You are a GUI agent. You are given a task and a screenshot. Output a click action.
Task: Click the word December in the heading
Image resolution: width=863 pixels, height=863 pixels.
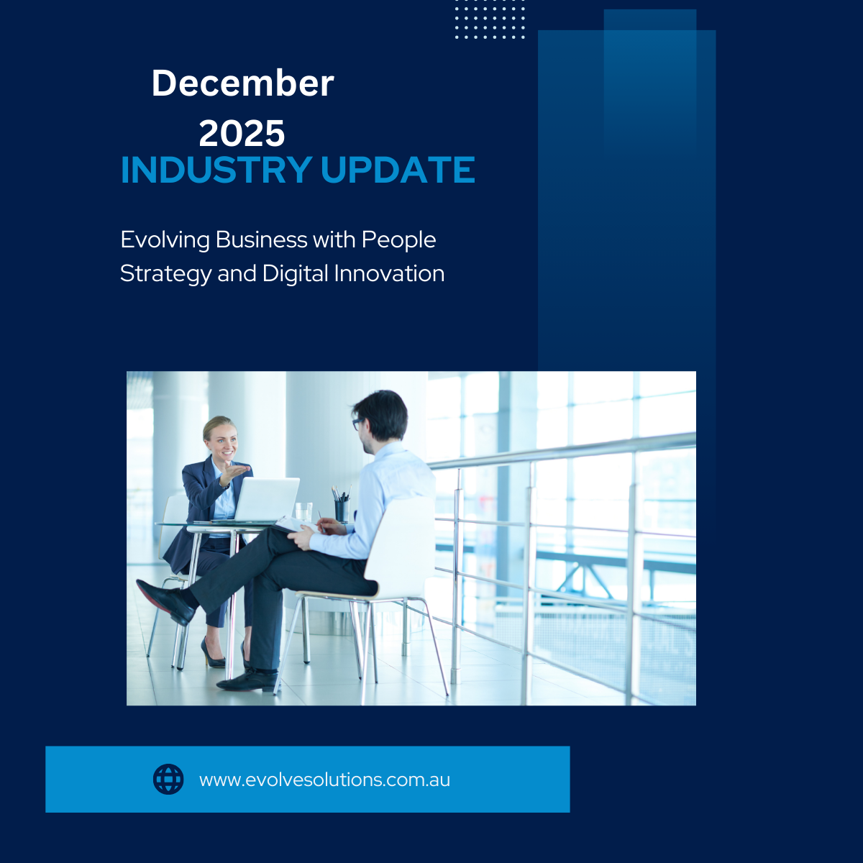pos(242,83)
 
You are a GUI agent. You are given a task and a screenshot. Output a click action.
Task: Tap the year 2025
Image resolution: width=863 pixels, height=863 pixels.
pos(242,134)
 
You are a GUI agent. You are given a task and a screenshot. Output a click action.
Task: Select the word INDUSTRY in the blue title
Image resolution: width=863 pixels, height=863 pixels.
pos(216,170)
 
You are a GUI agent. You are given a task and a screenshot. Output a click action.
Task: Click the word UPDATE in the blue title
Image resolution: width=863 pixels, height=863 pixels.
pos(397,170)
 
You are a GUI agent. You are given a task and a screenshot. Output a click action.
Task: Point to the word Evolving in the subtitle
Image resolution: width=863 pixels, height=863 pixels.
pos(165,239)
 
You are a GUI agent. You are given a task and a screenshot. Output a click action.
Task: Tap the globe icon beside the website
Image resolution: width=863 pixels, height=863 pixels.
pos(168,780)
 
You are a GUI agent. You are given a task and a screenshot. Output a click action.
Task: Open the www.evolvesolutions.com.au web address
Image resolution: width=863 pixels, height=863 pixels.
pos(324,780)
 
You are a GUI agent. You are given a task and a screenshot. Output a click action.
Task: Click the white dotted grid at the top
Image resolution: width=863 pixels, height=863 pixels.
pos(490,20)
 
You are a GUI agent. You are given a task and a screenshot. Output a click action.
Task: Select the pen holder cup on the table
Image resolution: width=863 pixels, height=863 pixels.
pos(341,509)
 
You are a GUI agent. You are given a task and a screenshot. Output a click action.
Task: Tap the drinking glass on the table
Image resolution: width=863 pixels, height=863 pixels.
pos(304,511)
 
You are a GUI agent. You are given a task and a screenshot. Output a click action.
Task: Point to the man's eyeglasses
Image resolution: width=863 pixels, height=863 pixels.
pos(357,424)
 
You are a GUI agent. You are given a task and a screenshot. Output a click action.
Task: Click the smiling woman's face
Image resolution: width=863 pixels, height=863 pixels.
pos(222,439)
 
